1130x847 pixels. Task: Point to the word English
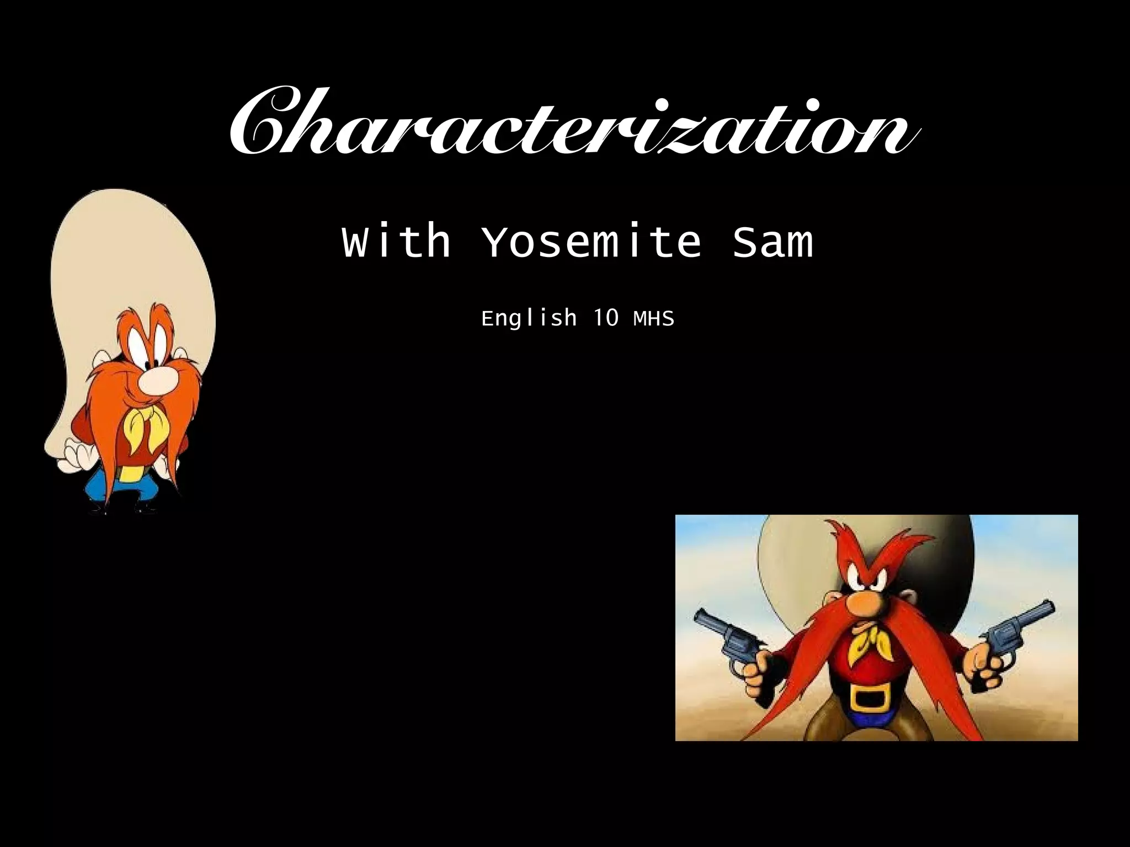point(529,318)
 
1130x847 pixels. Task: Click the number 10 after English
point(605,318)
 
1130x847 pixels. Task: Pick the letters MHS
point(654,318)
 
